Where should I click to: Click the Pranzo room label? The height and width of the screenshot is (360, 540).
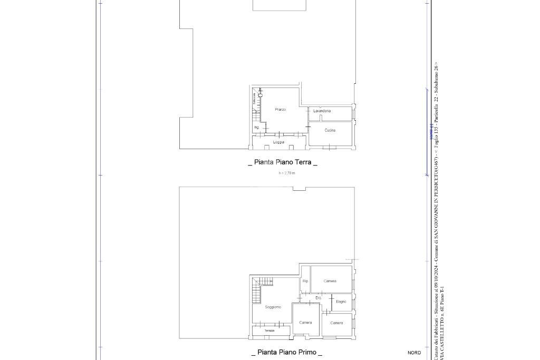pos(280,110)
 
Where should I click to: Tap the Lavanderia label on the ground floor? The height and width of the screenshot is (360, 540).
pos(322,111)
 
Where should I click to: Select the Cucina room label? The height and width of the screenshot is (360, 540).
pos(330,130)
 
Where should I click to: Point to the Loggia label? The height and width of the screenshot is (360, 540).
pos(278,142)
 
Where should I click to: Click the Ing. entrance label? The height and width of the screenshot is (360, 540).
pos(256,128)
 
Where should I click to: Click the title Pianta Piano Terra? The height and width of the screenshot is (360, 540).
pos(283,162)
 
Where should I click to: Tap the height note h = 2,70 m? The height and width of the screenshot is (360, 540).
pos(287,173)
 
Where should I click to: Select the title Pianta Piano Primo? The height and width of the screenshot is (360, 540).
pos(286,352)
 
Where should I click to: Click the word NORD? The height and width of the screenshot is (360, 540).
pos(414,353)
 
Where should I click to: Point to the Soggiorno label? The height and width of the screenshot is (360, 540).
pos(273,307)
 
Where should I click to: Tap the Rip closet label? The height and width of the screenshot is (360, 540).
pos(305,281)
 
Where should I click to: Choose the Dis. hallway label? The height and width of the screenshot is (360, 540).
pos(319,298)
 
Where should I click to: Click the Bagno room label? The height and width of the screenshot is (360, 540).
pos(341,301)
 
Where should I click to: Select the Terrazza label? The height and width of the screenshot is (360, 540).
pos(269,330)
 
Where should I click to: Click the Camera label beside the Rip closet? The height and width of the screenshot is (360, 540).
pos(330,281)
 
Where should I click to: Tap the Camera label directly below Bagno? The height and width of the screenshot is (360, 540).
pos(336,323)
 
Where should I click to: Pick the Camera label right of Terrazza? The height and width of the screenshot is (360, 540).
pos(305,323)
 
